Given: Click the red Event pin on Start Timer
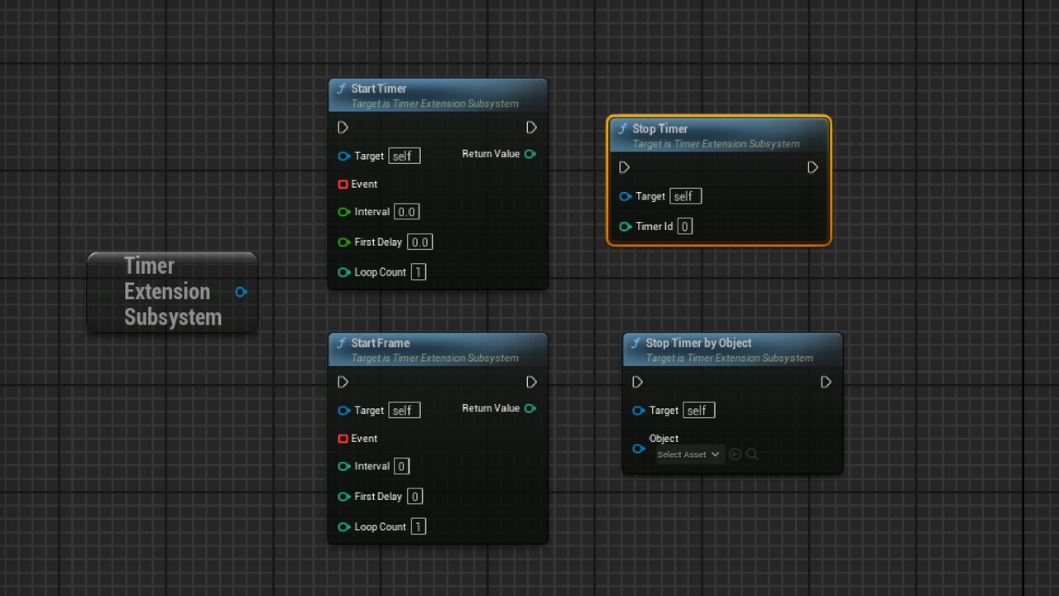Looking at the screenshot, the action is tap(343, 184).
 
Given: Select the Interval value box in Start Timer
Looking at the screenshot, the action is tap(406, 212).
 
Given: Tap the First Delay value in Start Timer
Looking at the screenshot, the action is tap(419, 243).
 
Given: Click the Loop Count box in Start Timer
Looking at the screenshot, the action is tap(419, 272).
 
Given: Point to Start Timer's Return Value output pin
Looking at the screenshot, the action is tap(530, 154).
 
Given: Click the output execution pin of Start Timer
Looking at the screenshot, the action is tap(531, 127).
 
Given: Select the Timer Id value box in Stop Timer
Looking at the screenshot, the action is tap(684, 226).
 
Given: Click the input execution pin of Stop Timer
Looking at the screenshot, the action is tap(624, 167).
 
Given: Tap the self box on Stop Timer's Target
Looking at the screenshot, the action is tap(686, 196).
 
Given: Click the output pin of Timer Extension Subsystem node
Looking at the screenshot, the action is tap(241, 292).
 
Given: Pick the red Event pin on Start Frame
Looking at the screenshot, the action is tap(343, 439).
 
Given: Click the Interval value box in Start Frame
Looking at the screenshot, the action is tap(401, 466).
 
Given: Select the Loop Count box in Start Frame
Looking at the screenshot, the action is tap(419, 526).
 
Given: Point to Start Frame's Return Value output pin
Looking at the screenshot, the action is tap(530, 408).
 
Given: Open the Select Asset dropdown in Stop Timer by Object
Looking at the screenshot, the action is tap(688, 454).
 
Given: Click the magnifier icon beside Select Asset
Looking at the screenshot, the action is tap(752, 454).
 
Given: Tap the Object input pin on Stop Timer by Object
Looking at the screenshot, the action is tap(638, 449).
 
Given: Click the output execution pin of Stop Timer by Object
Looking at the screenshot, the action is tap(826, 382).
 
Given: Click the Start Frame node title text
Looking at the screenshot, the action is tap(380, 343).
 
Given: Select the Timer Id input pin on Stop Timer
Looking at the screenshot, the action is tap(625, 227).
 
